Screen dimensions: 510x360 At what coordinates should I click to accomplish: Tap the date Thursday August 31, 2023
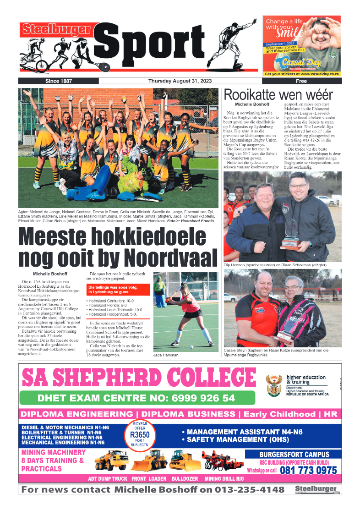pos(179,81)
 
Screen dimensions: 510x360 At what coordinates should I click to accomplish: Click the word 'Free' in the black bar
pos(301,81)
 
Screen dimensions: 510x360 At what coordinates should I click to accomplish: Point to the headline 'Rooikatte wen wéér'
pos(278,95)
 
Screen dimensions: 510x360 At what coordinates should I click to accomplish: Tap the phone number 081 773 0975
pos(308,471)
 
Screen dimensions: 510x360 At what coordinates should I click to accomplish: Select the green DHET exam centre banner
pos(137,398)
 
